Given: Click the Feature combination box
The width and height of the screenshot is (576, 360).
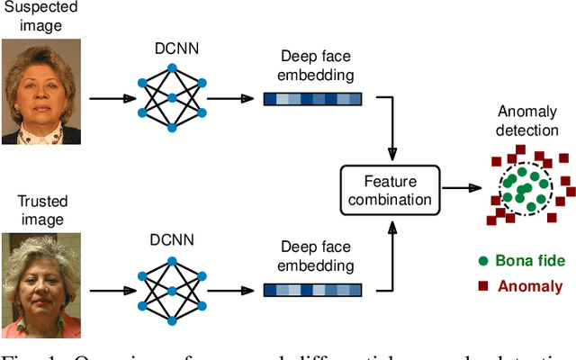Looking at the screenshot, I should click(x=391, y=189).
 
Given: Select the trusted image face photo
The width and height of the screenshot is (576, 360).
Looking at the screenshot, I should click(x=41, y=284).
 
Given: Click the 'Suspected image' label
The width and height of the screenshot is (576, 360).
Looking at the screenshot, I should click(x=41, y=17).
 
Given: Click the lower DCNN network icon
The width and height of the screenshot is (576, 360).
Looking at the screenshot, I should click(x=171, y=289).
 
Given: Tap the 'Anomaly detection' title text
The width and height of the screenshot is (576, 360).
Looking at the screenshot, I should click(x=527, y=121).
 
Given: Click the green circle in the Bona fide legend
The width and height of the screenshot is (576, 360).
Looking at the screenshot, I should click(x=483, y=262).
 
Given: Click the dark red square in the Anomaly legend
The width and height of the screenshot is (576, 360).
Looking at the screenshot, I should click(x=483, y=286).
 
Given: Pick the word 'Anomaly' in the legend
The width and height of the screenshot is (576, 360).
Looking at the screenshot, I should click(x=532, y=286).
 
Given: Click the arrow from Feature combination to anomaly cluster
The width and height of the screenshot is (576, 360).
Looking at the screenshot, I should click(x=462, y=188).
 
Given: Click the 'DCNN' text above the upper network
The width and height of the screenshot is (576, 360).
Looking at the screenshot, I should click(x=171, y=49).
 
